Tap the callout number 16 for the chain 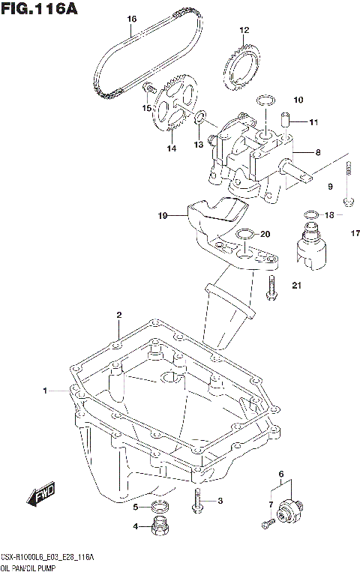click(131, 19)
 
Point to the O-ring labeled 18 click(308, 215)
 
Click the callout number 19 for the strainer click(162, 215)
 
